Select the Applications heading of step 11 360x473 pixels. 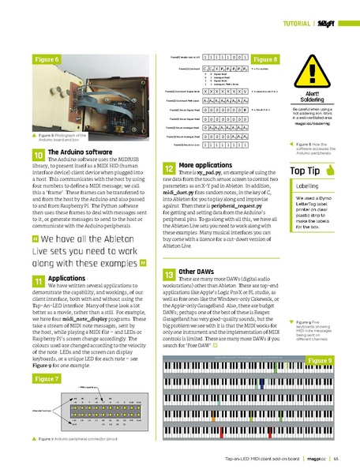coord(67,278)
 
